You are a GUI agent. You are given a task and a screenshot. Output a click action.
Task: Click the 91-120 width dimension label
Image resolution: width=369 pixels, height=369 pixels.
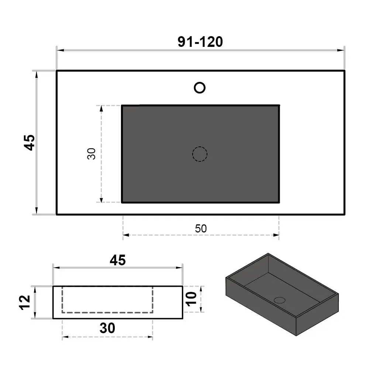tap(200, 42)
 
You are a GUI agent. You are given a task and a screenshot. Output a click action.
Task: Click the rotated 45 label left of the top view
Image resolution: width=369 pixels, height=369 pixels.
tap(30, 142)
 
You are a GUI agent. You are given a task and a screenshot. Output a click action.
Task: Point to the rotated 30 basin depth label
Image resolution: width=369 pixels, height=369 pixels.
tap(91, 154)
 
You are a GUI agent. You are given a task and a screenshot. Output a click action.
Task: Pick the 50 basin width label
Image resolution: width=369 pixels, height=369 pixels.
tap(201, 228)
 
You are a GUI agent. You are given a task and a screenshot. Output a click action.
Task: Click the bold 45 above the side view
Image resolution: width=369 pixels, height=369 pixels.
tap(118, 260)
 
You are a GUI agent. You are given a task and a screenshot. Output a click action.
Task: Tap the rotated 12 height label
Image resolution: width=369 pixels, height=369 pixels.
tap(25, 303)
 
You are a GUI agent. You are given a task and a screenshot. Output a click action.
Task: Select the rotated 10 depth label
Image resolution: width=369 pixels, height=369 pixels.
tap(191, 299)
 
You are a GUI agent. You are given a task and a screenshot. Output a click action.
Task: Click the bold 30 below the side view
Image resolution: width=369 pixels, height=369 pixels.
tap(107, 328)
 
